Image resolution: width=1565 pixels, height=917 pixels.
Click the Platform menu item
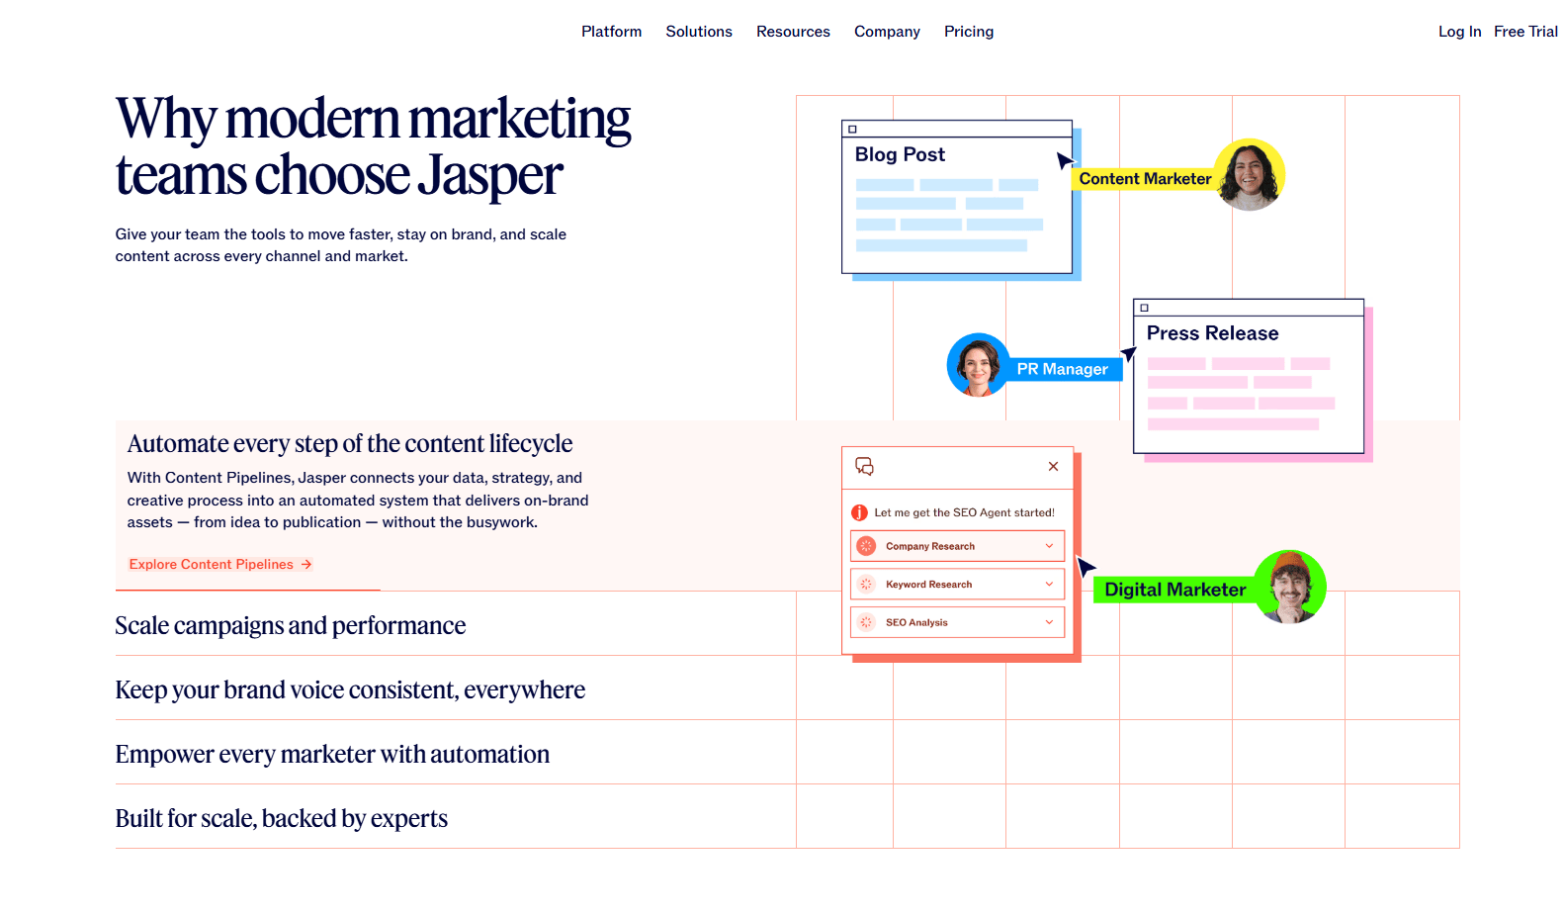pyautogui.click(x=611, y=32)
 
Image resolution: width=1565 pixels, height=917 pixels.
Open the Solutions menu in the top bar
pyautogui.click(x=699, y=32)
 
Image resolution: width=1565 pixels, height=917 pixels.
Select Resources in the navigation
pyautogui.click(x=793, y=32)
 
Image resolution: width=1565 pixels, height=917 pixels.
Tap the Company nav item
pyautogui.click(x=887, y=32)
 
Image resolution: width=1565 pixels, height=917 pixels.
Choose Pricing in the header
pyautogui.click(x=969, y=32)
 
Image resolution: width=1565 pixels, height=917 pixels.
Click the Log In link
pyautogui.click(x=1459, y=32)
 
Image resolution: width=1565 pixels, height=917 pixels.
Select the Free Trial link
pyautogui.click(x=1525, y=32)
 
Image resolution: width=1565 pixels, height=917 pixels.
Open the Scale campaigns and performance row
pyautogui.click(x=291, y=625)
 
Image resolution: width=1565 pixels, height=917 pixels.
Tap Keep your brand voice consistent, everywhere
pyautogui.click(x=350, y=689)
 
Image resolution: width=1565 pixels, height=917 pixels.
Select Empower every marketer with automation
pyautogui.click(x=332, y=754)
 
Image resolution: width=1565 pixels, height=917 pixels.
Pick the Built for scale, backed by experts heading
pyautogui.click(x=282, y=818)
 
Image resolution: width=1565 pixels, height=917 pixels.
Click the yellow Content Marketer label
pyautogui.click(x=1145, y=179)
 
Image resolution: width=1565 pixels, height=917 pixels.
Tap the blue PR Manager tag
pyautogui.click(x=1062, y=369)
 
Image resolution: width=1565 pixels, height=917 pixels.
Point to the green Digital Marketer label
pyautogui.click(x=1174, y=590)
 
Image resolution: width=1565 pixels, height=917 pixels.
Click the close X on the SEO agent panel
pyautogui.click(x=1053, y=466)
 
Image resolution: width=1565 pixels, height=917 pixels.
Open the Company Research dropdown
pyautogui.click(x=957, y=546)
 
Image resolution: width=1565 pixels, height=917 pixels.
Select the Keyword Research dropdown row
pyautogui.click(x=957, y=585)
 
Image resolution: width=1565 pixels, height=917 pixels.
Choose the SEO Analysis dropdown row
pyautogui.click(x=957, y=622)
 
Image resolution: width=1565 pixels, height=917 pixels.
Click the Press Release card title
pyautogui.click(x=1212, y=333)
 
